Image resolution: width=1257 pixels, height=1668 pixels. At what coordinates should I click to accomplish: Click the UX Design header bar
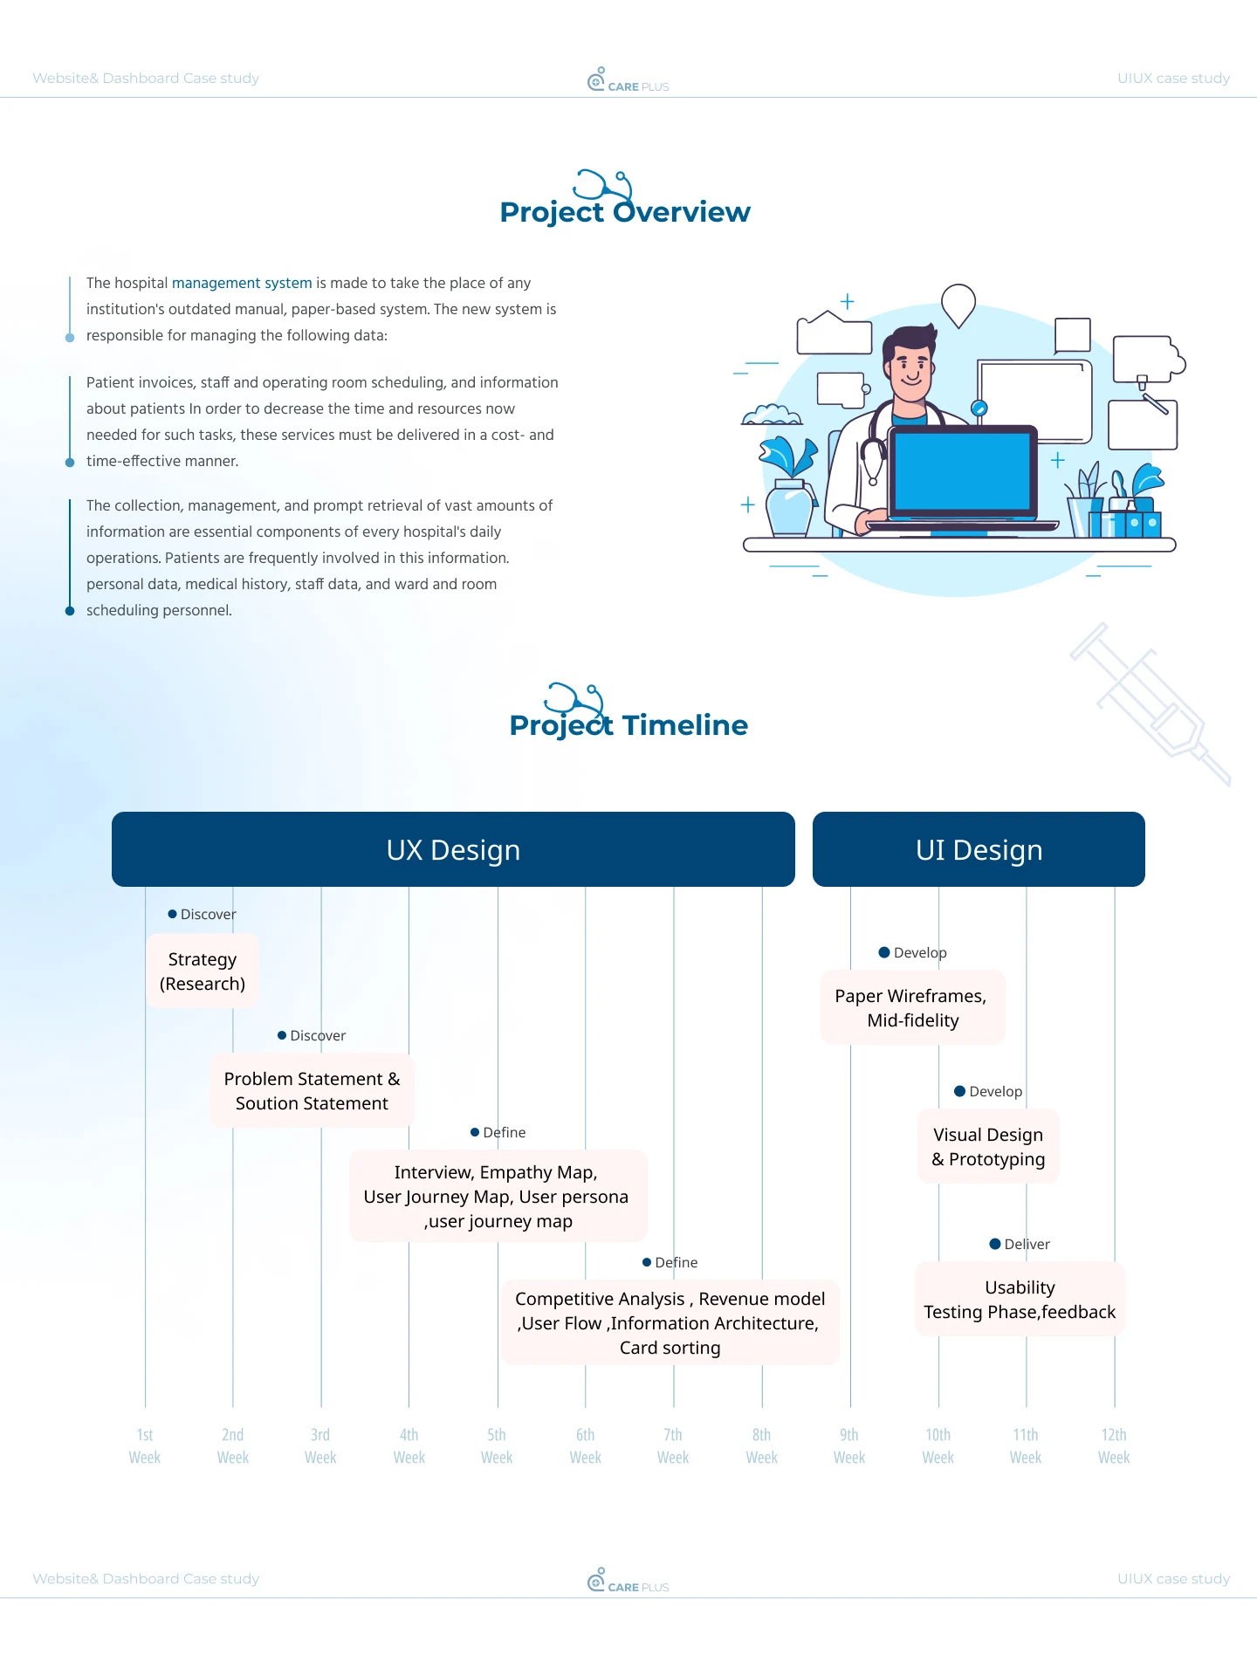coord(453,849)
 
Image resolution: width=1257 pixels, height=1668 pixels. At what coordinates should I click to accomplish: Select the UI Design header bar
coord(979,849)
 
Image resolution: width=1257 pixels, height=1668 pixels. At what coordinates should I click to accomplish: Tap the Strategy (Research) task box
coord(203,971)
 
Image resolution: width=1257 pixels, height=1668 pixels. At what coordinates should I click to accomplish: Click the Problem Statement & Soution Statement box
coord(312,1091)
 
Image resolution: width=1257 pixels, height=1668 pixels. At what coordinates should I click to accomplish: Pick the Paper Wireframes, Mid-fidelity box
coord(912,1008)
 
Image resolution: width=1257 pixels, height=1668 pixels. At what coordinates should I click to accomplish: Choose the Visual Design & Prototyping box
coord(988,1147)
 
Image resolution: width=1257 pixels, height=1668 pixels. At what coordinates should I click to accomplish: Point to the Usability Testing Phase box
coord(1020,1300)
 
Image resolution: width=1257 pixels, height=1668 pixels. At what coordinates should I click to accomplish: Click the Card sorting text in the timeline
coord(670,1348)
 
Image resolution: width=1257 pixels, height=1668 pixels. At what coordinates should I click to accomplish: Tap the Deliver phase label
coord(1027,1244)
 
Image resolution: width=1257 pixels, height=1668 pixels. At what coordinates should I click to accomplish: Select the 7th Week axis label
coord(673,1446)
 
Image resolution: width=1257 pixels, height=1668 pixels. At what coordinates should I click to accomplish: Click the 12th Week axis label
coord(1114,1446)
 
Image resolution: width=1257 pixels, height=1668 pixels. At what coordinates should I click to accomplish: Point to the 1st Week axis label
coord(145,1446)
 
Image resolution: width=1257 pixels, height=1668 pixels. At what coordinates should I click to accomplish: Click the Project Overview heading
coord(625,211)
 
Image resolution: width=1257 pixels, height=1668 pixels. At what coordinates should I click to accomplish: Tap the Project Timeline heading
coord(628,724)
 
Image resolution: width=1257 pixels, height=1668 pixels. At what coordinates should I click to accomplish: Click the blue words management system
coord(242,283)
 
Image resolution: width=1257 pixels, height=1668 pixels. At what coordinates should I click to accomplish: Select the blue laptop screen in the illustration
coord(962,471)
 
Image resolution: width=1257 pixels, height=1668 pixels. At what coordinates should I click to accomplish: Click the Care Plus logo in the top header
coord(628,81)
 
